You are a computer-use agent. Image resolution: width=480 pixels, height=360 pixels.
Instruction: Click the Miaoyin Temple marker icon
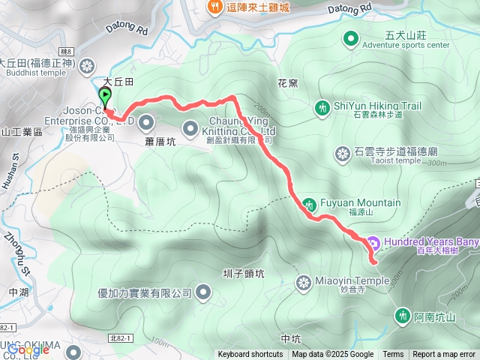point(304,283)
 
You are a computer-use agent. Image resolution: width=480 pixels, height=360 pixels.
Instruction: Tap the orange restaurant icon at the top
point(213,7)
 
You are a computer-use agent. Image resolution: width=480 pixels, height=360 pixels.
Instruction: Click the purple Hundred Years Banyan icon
point(373,242)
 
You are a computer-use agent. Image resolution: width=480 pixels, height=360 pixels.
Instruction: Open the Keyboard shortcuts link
point(250,355)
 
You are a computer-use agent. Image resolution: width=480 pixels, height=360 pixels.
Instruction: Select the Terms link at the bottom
point(393,355)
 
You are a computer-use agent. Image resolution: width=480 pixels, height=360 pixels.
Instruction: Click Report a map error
point(445,355)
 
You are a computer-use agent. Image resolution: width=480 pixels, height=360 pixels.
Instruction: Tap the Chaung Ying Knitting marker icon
point(190,126)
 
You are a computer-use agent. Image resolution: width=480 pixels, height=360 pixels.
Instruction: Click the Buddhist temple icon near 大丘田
point(89,64)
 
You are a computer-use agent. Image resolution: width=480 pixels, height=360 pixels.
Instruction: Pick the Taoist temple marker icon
point(343,154)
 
